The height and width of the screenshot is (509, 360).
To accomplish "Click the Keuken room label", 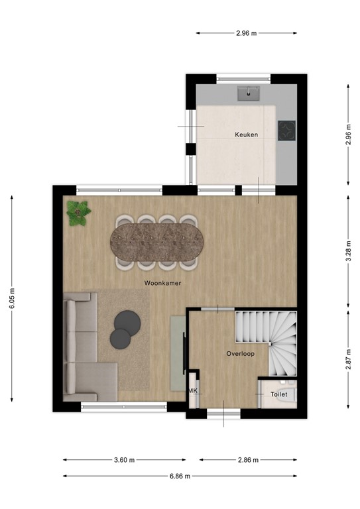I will click(x=246, y=135).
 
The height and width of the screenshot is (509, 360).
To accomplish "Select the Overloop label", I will click(x=239, y=353).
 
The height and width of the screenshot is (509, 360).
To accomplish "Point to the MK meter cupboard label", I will click(x=194, y=391).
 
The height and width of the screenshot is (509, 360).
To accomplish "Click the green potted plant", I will click(x=79, y=213).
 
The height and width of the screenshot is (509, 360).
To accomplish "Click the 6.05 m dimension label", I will click(x=12, y=298).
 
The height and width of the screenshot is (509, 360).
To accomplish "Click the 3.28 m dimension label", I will click(x=348, y=251).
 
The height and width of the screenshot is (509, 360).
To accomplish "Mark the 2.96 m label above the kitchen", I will click(x=245, y=32).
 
